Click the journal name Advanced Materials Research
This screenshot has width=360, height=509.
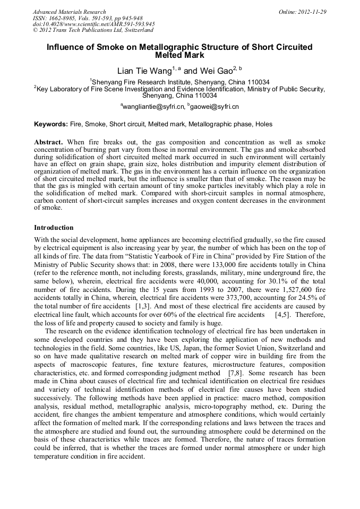(70, 12)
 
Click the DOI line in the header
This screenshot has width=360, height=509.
(94, 24)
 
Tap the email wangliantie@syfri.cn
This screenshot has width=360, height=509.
(153, 107)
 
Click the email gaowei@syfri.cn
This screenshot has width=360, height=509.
(215, 107)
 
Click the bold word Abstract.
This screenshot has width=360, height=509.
(48, 143)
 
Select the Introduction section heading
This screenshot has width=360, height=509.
(54, 228)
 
